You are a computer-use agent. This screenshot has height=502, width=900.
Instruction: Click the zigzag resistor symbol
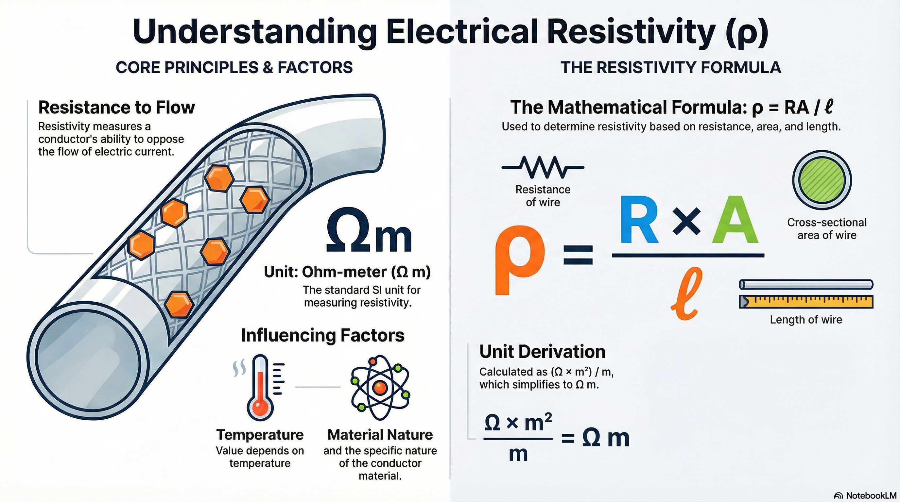543,167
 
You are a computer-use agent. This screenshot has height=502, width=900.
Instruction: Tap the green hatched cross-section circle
822,180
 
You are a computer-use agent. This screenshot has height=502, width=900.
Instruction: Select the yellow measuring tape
806,302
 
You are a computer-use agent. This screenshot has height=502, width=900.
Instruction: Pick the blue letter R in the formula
639,220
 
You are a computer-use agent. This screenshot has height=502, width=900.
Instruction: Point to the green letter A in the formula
735,220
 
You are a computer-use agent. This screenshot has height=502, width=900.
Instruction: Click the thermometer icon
260,388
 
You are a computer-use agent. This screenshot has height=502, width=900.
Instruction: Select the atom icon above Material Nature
380,388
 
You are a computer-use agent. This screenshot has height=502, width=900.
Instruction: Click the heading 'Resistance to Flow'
117,107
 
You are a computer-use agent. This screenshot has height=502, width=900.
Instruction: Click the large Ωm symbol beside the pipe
369,230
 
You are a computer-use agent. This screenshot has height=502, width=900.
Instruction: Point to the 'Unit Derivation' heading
542,352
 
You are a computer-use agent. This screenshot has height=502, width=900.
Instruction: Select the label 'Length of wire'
806,319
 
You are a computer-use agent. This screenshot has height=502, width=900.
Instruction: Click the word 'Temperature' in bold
260,435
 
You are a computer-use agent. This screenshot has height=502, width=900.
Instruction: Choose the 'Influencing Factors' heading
323,335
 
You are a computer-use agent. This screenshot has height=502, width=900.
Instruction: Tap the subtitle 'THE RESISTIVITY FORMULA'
671,67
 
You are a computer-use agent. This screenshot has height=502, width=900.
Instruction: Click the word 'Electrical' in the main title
461,31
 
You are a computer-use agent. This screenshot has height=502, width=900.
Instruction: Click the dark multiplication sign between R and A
686,221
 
